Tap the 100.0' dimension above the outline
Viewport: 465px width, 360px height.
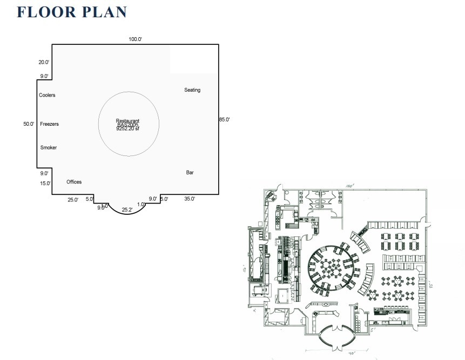tap(135, 39)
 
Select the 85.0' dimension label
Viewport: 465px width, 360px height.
tap(224, 119)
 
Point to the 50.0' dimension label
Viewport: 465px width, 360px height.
tap(29, 124)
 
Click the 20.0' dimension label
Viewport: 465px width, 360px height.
tap(44, 62)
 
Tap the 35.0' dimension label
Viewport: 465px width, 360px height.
tap(190, 199)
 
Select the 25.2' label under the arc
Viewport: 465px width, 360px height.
tap(127, 209)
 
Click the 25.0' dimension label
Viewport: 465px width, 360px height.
tap(73, 200)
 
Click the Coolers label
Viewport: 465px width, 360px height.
tap(47, 96)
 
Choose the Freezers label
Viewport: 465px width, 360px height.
tap(49, 124)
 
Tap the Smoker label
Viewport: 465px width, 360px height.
tap(48, 148)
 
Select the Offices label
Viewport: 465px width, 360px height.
tap(74, 182)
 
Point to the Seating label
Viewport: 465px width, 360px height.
tap(192, 90)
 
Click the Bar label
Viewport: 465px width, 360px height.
tap(190, 173)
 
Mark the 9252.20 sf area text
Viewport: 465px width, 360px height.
tap(127, 129)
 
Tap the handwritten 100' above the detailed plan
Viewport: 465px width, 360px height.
tap(350, 186)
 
